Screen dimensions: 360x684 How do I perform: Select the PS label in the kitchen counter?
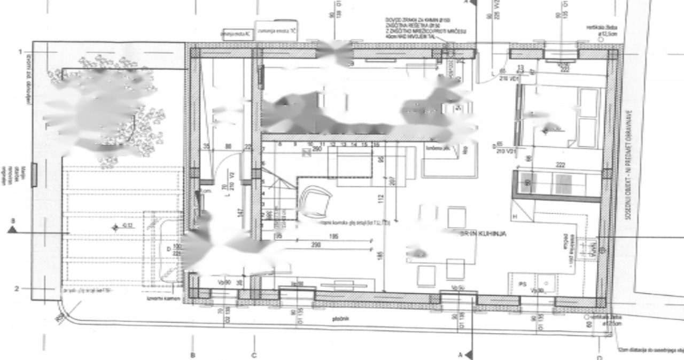522,284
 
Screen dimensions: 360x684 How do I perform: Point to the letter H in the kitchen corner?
515,216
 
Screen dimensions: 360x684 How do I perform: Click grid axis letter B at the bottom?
193,355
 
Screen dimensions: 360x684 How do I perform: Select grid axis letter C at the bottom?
254,355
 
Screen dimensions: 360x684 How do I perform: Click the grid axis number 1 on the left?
20,52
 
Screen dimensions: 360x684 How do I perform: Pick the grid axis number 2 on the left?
17,288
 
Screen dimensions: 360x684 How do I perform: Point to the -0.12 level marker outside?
127,227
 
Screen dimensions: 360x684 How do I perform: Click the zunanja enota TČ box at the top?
277,32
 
